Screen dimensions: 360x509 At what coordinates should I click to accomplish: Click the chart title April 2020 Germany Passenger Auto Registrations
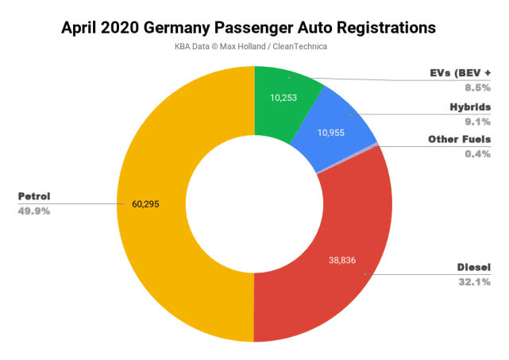tap(249, 27)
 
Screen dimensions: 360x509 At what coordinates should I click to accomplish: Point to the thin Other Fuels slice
tap(376, 145)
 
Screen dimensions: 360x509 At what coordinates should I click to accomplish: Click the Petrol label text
tap(35, 196)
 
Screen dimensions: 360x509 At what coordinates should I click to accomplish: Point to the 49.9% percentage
tap(35, 211)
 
